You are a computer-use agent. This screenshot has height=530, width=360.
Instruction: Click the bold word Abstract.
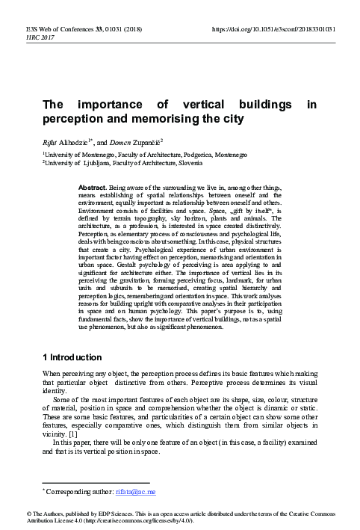113,183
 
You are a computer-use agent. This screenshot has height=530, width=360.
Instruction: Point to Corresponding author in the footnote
81,492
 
